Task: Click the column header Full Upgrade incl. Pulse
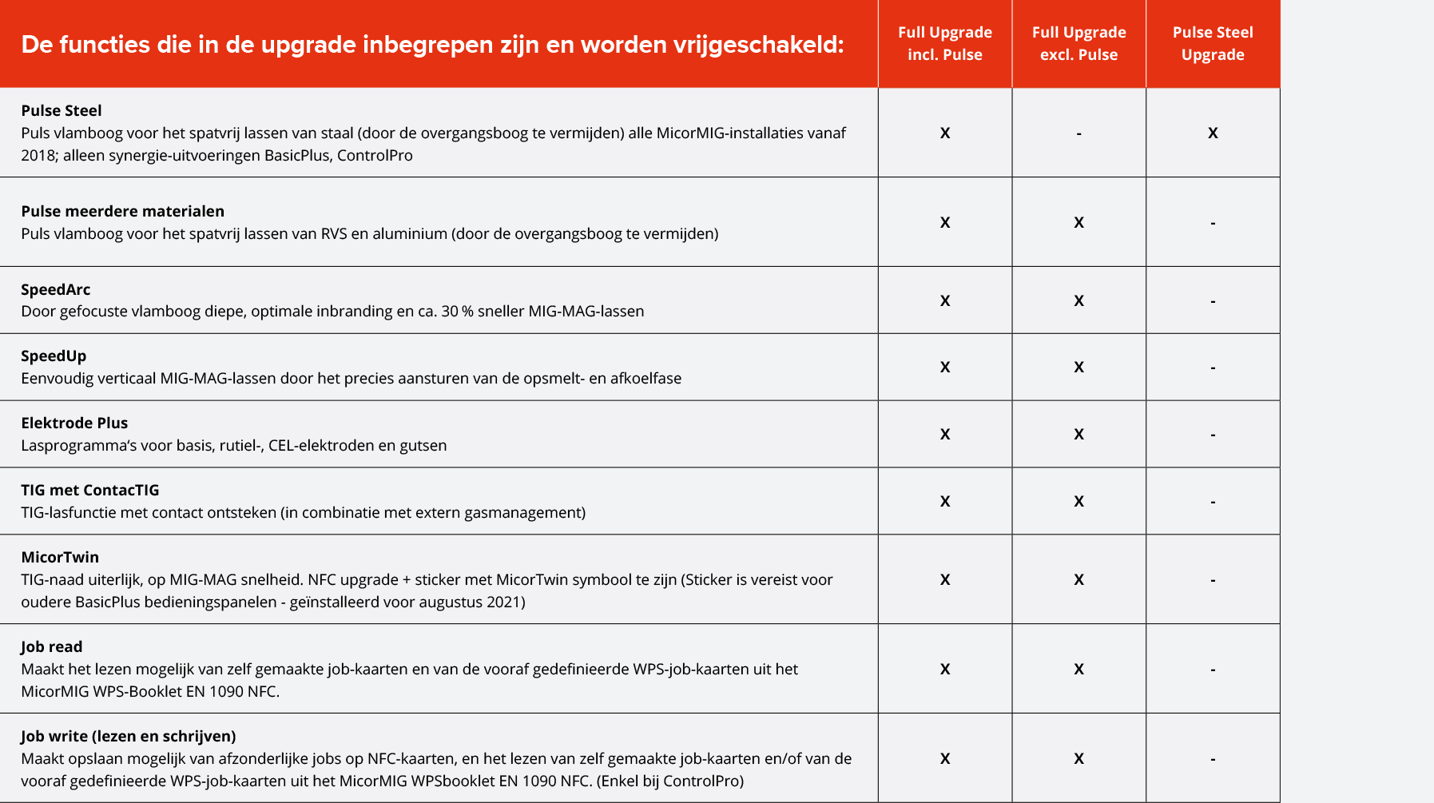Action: click(944, 43)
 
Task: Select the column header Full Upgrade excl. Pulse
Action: click(1078, 43)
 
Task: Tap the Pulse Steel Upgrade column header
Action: click(1212, 43)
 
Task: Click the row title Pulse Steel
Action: click(62, 110)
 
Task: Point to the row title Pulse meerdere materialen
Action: click(122, 211)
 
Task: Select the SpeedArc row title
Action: click(56, 289)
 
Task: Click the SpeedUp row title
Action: click(54, 356)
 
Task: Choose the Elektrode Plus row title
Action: click(74, 423)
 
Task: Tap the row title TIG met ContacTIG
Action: click(90, 490)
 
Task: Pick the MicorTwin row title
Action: click(60, 557)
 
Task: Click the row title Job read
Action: click(52, 646)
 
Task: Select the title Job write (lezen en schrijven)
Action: click(128, 736)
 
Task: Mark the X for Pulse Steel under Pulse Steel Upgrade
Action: click(1213, 133)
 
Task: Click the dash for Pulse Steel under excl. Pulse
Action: click(1078, 133)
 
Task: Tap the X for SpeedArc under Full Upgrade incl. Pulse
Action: click(945, 300)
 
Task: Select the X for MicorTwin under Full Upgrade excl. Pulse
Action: click(1078, 579)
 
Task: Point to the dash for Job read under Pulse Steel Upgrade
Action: click(1213, 670)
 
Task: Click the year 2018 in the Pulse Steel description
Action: click(38, 155)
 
